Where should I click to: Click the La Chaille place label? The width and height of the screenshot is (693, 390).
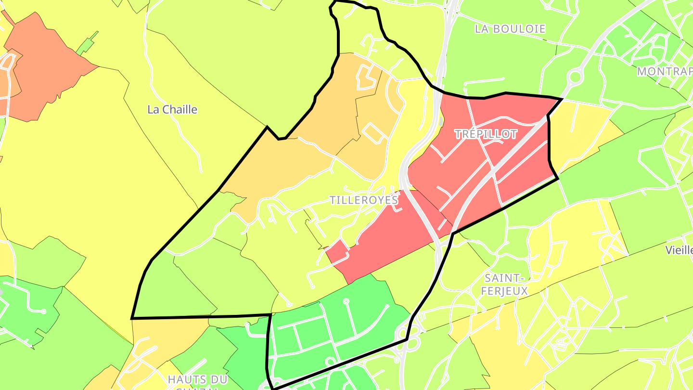pos(172,110)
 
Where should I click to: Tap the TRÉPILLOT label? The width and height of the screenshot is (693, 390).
pos(486,134)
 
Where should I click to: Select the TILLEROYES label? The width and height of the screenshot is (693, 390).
pos(364,200)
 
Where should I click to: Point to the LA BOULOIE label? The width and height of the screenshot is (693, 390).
pos(510,29)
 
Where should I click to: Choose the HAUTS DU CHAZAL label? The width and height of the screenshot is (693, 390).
pos(197,380)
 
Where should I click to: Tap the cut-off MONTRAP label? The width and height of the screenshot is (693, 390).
pos(665,72)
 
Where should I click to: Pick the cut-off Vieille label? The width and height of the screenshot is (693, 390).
pos(679,250)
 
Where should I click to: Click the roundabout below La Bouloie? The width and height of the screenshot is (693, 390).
pos(574,77)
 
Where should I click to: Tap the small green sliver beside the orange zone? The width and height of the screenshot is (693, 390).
pos(87,43)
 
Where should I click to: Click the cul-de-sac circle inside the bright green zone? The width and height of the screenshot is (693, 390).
pos(346,301)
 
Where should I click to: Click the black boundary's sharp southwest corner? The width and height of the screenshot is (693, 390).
pos(132,318)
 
